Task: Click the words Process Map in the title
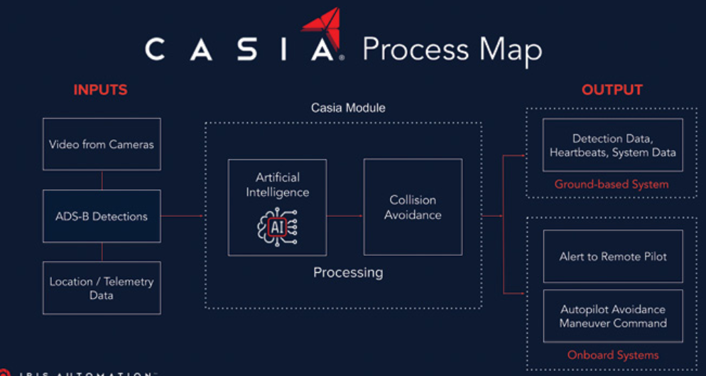452,50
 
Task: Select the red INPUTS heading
100,90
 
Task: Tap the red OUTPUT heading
612,90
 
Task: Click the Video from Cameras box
101,144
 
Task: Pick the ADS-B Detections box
101,216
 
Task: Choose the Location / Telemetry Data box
101,288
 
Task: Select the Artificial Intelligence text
277,185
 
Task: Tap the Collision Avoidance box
413,207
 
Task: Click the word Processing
348,272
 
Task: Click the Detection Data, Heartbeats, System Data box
612,145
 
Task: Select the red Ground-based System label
612,185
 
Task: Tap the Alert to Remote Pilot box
612,257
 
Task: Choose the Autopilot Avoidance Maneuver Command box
612,316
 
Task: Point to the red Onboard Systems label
612,355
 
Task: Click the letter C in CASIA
156,50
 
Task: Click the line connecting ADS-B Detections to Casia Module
182,216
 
